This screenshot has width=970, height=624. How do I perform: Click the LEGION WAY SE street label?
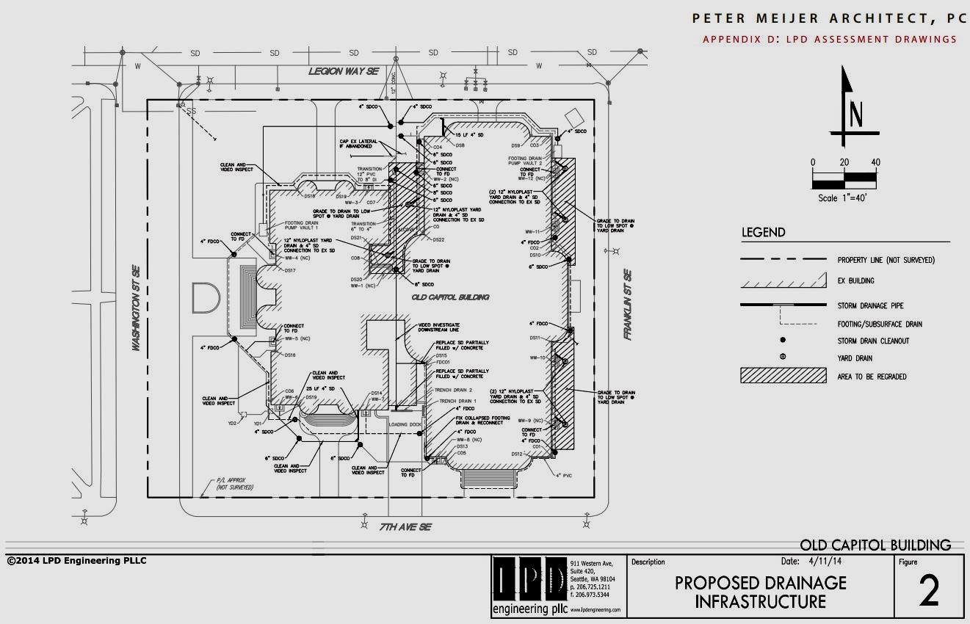point(343,71)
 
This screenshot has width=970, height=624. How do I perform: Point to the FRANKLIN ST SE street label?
point(628,305)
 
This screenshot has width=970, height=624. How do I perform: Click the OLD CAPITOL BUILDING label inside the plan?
point(450,297)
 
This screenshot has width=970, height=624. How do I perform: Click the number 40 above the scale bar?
point(875,162)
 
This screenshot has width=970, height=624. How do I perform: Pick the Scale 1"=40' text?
point(843,198)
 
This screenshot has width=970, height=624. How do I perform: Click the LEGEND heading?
point(763,233)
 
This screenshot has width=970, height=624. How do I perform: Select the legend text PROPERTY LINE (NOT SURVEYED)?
point(886,260)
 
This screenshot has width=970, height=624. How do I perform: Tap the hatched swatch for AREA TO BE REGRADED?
point(783,377)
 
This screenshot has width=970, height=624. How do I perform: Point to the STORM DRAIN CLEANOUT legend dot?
point(783,340)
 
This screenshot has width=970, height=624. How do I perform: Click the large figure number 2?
point(929,592)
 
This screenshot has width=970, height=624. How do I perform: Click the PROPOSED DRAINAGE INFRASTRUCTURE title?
point(760,592)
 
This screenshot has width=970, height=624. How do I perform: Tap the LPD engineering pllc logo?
point(529,586)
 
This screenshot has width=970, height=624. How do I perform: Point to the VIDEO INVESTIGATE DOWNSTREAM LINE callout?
point(439,328)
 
